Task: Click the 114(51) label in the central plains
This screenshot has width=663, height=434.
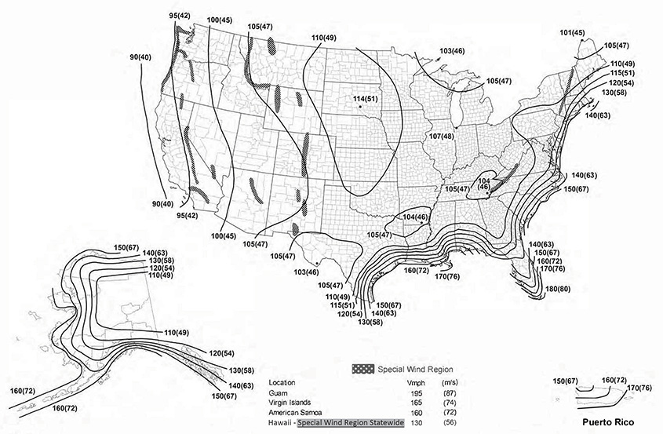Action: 366,98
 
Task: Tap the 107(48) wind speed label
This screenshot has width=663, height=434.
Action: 442,137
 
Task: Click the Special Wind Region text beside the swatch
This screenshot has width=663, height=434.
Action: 415,369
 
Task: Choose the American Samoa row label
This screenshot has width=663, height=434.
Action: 299,410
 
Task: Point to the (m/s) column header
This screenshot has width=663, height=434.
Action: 454,382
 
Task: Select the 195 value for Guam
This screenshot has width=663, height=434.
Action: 418,392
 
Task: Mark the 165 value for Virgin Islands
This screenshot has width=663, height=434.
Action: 418,401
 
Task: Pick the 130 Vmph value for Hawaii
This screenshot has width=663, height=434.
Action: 418,421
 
